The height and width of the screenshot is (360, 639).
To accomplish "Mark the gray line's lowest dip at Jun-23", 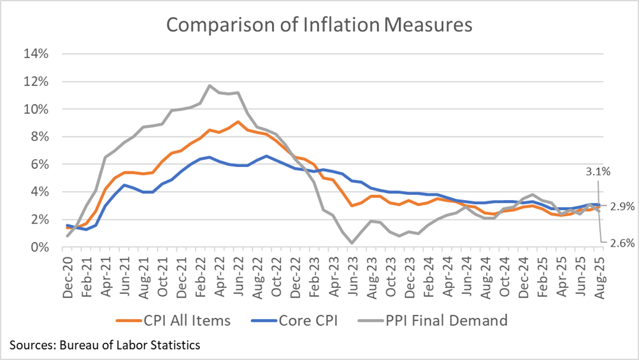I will point(351,243).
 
